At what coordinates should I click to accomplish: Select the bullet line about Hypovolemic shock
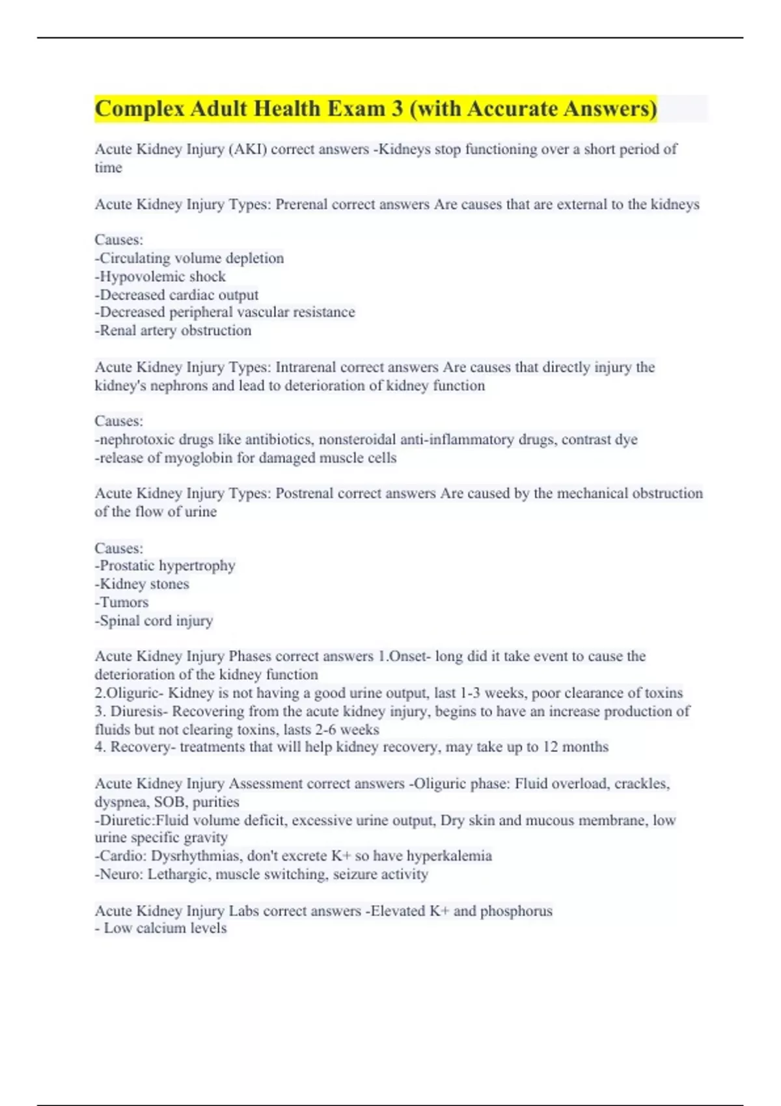[161, 276]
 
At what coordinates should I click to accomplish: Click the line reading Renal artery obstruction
[173, 330]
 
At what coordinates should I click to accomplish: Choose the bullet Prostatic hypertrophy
[165, 565]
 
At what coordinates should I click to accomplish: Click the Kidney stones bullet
[142, 584]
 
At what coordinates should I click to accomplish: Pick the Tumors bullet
[122, 602]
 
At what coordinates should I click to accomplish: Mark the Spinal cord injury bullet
[154, 621]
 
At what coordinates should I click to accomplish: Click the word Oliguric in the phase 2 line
[135, 693]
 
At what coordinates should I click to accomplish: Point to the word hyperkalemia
[449, 856]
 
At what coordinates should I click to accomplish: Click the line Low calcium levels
[161, 928]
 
